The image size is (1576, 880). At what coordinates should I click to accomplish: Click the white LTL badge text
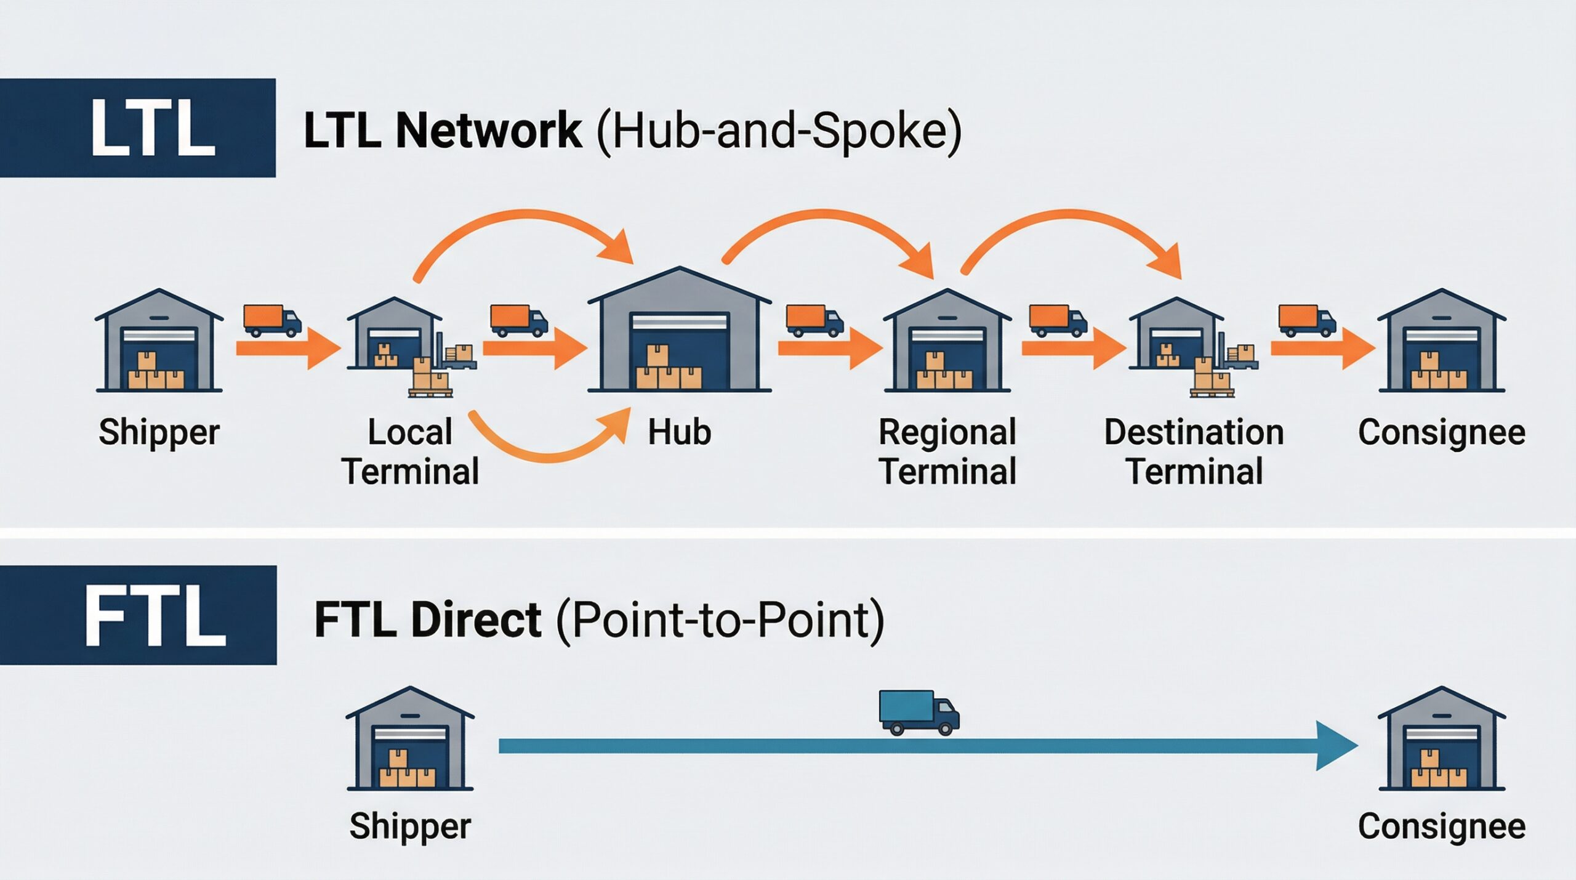(153, 128)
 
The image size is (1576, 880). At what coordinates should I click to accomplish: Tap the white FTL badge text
(155, 616)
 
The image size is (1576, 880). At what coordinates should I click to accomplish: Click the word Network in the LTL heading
(489, 130)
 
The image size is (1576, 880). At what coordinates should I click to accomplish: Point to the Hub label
(680, 432)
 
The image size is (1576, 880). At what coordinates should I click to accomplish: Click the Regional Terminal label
(947, 451)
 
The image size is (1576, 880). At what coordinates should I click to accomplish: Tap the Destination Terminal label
(1194, 451)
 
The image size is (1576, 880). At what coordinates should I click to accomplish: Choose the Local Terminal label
(411, 451)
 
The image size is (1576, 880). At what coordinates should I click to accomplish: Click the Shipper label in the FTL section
(410, 826)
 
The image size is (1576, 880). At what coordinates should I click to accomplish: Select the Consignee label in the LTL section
(1442, 432)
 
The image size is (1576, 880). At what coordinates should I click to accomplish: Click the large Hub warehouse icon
(680, 329)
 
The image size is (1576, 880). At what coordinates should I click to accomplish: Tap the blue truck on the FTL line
(919, 712)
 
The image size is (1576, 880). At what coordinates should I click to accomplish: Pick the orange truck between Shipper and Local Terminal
(272, 321)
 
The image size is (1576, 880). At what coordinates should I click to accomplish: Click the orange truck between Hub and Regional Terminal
(814, 321)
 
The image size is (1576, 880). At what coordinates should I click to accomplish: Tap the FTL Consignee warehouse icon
(1442, 738)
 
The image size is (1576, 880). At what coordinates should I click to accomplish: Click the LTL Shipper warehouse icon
(159, 341)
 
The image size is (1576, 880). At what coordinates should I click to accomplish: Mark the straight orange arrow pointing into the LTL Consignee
(1323, 349)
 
